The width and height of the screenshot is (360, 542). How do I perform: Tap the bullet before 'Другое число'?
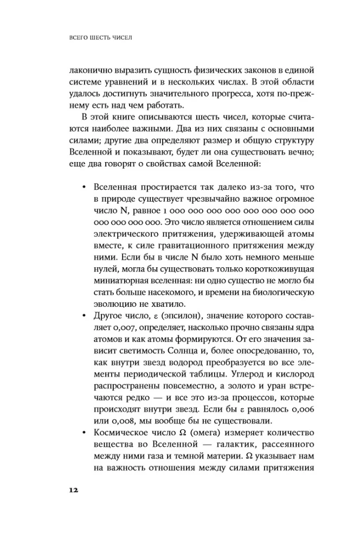(83, 315)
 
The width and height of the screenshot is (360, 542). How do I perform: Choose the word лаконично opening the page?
(91, 72)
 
